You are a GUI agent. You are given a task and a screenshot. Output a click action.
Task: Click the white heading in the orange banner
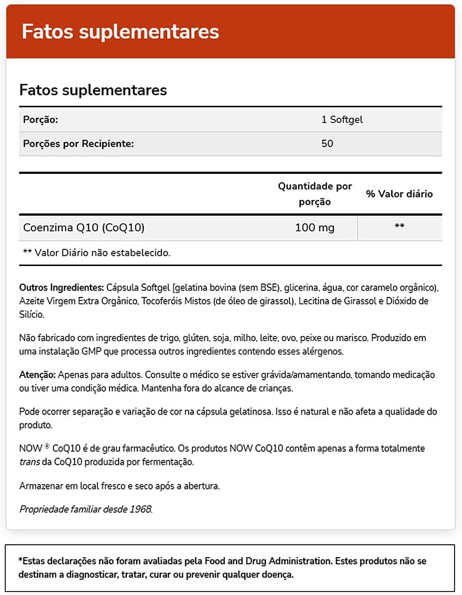point(120,32)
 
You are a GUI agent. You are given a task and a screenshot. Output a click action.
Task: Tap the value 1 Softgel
point(342,120)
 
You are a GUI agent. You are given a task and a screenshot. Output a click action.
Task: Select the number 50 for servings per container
point(327,143)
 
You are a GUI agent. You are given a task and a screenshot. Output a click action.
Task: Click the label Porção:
point(40,120)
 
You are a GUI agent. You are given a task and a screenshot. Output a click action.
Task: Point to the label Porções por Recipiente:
point(78,143)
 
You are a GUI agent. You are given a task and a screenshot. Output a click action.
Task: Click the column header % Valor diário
point(399,194)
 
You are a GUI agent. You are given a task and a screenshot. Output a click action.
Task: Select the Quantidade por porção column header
point(315,194)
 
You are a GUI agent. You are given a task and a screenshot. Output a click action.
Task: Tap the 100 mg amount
point(315,227)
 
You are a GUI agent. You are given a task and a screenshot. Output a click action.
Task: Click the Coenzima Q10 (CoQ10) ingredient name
point(84,227)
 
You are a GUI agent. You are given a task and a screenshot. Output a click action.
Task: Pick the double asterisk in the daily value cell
point(399,226)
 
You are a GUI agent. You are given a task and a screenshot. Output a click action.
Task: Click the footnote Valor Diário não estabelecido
point(102,253)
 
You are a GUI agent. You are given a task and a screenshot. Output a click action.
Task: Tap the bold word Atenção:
point(37,375)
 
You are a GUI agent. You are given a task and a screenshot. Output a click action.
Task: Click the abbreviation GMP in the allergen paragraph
point(91,351)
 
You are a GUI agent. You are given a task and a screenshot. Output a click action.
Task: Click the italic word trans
point(30,462)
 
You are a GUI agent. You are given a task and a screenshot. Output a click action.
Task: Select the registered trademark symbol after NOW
point(47,446)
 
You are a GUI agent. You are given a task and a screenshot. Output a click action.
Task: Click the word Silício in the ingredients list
point(32,314)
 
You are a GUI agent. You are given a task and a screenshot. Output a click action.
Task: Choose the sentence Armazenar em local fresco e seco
point(120,486)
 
